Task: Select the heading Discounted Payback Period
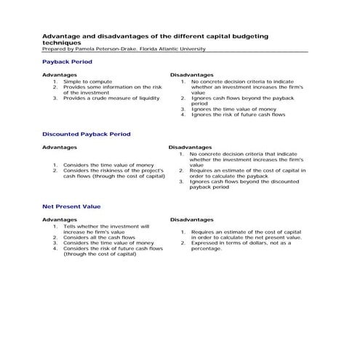click(x=86, y=134)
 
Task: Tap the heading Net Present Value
click(x=71, y=206)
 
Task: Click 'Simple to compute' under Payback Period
click(x=87, y=81)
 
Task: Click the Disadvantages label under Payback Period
click(x=191, y=74)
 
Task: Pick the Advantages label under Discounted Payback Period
click(x=60, y=146)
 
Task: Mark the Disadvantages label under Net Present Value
click(x=191, y=219)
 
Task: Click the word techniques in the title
click(x=60, y=42)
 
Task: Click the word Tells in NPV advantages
click(x=70, y=226)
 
